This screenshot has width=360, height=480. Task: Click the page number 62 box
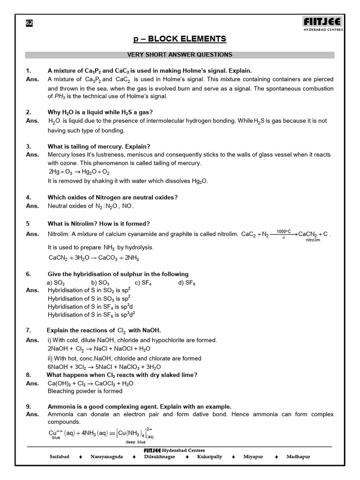pyautogui.click(x=29, y=23)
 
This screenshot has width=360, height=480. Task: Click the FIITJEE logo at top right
pyautogui.click(x=322, y=23)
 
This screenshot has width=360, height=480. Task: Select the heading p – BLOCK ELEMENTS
pyautogui.click(x=180, y=39)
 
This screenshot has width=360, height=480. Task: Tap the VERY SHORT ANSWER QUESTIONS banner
pyautogui.click(x=180, y=55)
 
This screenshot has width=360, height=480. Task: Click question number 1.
pyautogui.click(x=28, y=70)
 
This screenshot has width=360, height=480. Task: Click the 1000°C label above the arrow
pyautogui.click(x=284, y=231)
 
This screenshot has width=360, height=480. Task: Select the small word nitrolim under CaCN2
pyautogui.click(x=313, y=240)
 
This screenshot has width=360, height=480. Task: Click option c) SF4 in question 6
pyautogui.click(x=143, y=283)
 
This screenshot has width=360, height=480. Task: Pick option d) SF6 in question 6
pyautogui.click(x=187, y=283)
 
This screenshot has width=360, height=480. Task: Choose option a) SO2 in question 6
pyautogui.click(x=56, y=283)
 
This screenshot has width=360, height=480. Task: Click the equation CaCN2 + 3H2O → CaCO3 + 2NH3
pyautogui.click(x=94, y=258)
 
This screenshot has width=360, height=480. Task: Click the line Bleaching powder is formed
pyautogui.click(x=85, y=391)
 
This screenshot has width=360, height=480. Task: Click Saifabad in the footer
pyautogui.click(x=60, y=457)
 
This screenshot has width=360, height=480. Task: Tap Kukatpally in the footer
pyautogui.click(x=210, y=457)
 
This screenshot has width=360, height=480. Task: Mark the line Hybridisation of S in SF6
pyautogui.click(x=91, y=315)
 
